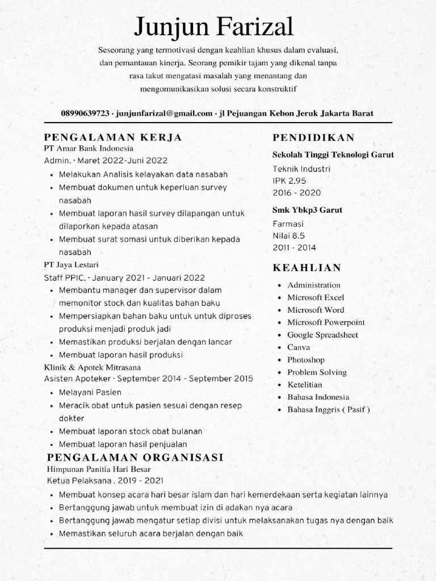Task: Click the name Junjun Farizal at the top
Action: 214,27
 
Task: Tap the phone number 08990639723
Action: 85,113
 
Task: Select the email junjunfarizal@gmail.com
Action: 164,113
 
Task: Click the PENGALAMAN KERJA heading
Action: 113,137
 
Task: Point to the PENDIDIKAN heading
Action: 313,137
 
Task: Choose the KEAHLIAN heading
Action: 307,268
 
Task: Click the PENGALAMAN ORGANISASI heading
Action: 135,457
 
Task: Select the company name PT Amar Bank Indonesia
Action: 88,148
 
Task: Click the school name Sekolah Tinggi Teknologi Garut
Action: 333,154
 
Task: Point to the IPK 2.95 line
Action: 290,180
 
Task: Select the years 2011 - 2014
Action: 294,247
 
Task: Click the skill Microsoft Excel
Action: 316,297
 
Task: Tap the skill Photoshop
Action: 306,360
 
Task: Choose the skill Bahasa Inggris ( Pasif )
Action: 328,410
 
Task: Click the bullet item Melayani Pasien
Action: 90,393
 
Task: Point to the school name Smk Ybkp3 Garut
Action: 307,210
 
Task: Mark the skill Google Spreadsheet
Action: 322,335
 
